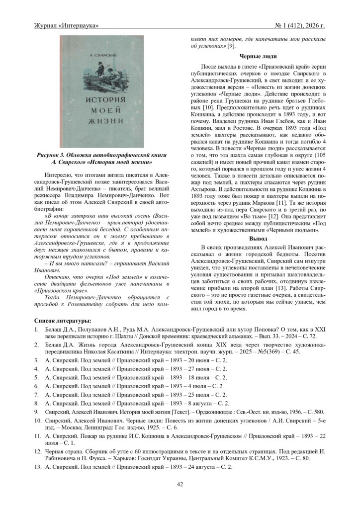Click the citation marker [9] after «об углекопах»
pyautogui.click(x=231, y=46)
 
